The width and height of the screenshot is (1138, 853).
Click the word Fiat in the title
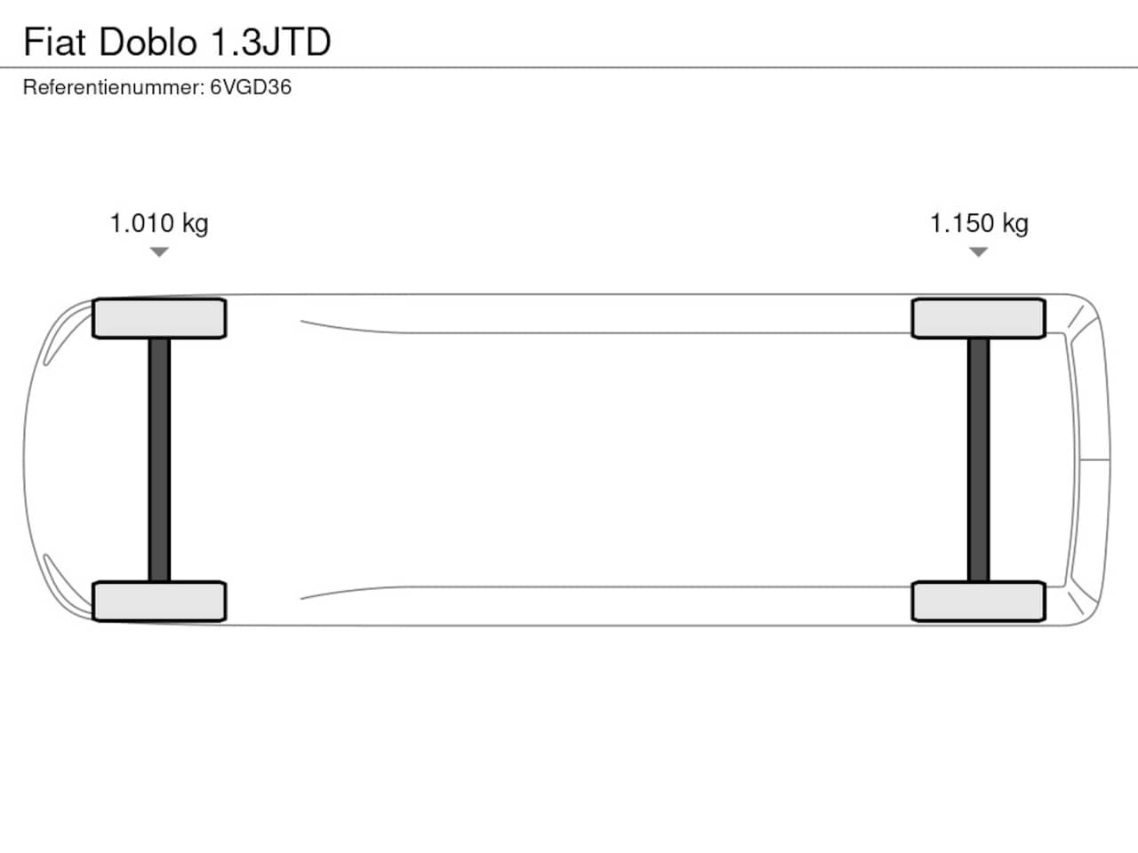(54, 42)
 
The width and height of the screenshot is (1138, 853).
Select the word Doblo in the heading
(148, 42)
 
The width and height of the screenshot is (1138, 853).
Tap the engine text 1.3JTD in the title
(271, 42)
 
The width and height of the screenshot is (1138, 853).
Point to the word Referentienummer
(114, 88)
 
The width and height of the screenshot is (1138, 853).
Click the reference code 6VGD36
(251, 88)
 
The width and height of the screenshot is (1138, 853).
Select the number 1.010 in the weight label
(141, 223)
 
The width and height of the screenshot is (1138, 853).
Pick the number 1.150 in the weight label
(962, 223)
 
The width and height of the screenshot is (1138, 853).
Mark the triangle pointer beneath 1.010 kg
(159, 251)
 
